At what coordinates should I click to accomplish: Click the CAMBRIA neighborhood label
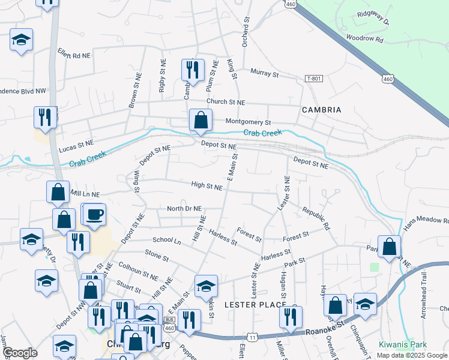[x=322, y=110]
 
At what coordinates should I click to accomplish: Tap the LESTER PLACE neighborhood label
[x=255, y=305]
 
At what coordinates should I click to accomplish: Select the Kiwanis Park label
[x=403, y=345]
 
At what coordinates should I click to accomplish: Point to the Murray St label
[x=265, y=74]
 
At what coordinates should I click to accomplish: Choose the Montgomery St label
[x=249, y=122]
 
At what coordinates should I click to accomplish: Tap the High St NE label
[x=206, y=187]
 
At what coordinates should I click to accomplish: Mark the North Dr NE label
[x=184, y=209]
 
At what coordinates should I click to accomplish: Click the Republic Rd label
[x=316, y=220]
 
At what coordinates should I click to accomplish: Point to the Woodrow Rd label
[x=364, y=38]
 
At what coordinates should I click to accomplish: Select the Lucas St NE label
[x=76, y=143]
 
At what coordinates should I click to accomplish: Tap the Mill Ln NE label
[x=85, y=194]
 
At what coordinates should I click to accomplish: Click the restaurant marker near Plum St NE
[x=193, y=70]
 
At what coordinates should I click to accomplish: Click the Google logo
[x=20, y=353]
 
